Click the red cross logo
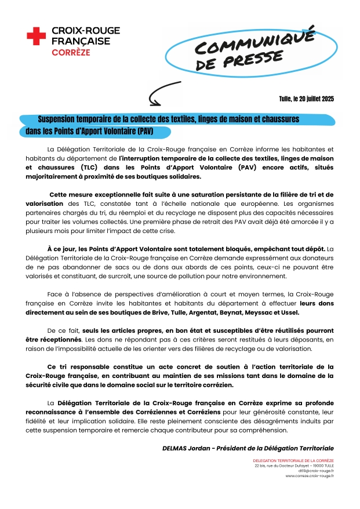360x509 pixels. click(x=36, y=37)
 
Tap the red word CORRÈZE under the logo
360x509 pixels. click(x=71, y=52)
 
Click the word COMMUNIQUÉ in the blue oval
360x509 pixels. click(x=253, y=42)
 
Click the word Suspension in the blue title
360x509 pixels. click(x=60, y=119)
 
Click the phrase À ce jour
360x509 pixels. click(x=60, y=249)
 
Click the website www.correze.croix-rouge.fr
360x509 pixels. click(x=310, y=476)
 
